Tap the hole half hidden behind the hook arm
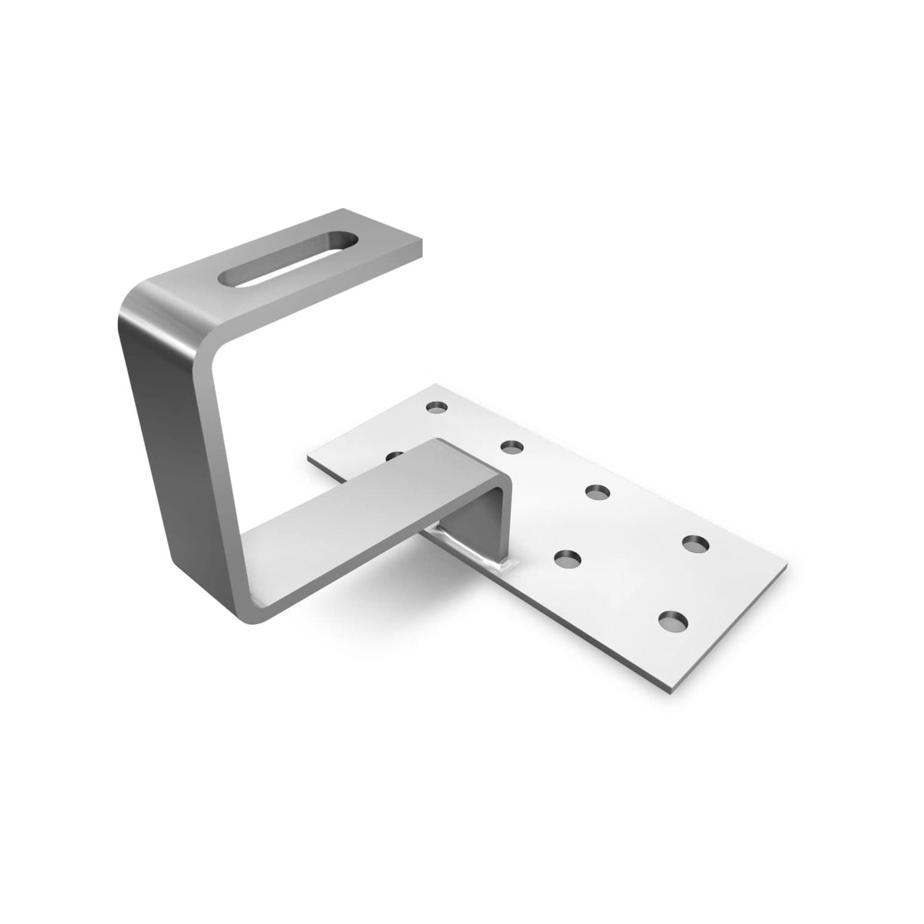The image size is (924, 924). pyautogui.click(x=395, y=455)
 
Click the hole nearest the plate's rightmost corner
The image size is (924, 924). pyautogui.click(x=694, y=544)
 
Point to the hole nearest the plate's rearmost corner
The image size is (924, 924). pyautogui.click(x=437, y=406)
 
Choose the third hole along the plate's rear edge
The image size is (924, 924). pyautogui.click(x=597, y=491)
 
